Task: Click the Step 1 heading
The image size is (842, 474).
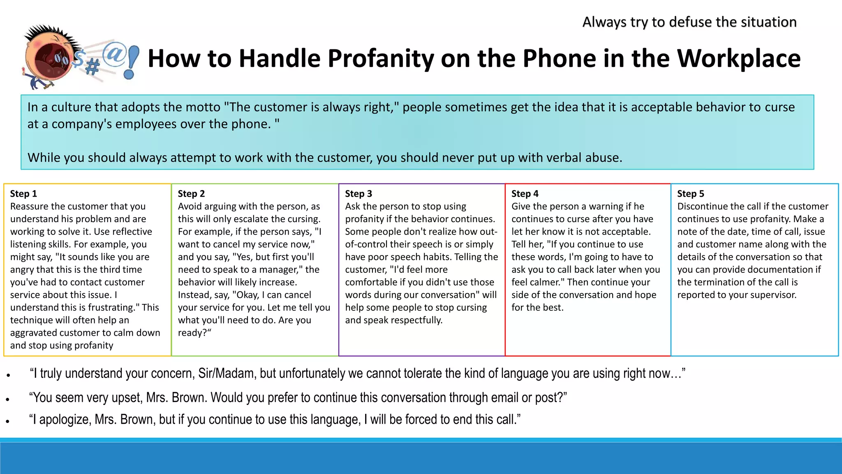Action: [x=23, y=193]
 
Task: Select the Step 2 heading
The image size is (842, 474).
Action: [x=191, y=193]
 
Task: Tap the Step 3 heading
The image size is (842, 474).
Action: [x=359, y=193]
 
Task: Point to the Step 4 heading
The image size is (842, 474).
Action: [x=525, y=193]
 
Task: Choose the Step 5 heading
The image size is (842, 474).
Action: [x=690, y=193]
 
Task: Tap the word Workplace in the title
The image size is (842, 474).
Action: [x=738, y=58]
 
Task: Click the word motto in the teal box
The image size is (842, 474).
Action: [x=203, y=107]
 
